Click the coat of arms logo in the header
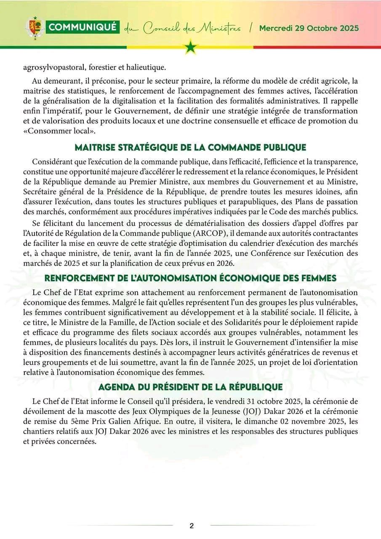[35, 28]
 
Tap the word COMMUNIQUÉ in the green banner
[83, 28]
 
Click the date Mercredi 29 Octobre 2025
[309, 28]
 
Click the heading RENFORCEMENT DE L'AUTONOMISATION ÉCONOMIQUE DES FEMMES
[190, 278]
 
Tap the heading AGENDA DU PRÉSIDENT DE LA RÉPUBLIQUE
[190, 387]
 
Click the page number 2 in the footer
[192, 526]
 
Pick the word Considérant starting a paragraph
[52, 162]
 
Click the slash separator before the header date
[251, 28]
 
